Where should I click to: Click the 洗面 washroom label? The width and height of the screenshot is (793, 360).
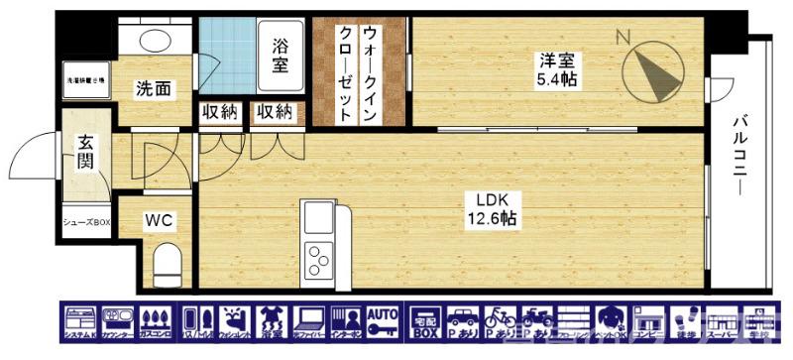(x=153, y=89)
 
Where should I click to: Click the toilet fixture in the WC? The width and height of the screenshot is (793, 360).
(x=169, y=263)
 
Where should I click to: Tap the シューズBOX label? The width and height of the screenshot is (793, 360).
(x=86, y=221)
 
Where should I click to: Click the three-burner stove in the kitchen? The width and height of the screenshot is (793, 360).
(x=319, y=261)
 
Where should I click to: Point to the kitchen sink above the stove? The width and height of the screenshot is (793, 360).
(x=318, y=217)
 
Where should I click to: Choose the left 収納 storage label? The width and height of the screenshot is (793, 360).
(x=220, y=112)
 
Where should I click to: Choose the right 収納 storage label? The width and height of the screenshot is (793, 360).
(x=275, y=112)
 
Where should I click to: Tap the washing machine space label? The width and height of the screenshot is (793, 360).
(x=85, y=80)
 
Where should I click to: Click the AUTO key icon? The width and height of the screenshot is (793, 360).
(x=383, y=323)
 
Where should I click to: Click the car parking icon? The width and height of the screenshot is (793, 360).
(x=462, y=323)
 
